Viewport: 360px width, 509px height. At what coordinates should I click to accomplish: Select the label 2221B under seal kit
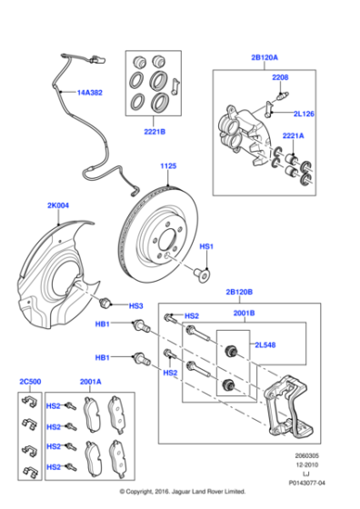coord(153,131)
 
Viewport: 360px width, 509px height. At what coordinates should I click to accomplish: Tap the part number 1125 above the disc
coord(168,166)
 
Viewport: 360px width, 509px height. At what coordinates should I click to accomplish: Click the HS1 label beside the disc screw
coord(206,246)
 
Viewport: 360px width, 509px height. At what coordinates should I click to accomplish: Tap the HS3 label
coord(135,306)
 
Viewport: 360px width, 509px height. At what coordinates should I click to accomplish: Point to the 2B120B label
coord(240,294)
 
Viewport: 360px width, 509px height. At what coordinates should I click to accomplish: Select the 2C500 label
coord(31,383)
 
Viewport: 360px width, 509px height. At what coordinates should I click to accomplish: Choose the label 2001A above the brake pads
coord(91,383)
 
